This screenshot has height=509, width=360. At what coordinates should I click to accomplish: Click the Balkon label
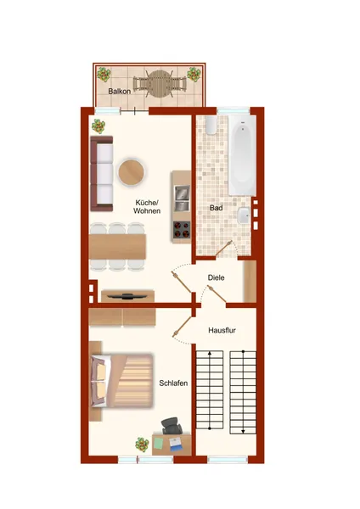[x=119, y=92]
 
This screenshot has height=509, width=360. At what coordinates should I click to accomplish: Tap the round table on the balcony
[x=160, y=84]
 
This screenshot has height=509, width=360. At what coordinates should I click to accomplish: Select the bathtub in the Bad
[x=242, y=155]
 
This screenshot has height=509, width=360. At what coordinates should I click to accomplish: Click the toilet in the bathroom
[x=211, y=126]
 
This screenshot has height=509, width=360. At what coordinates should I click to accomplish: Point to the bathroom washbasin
[x=244, y=215]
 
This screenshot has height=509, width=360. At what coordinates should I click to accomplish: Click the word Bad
[x=216, y=208]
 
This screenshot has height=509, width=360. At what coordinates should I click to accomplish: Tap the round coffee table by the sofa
[x=131, y=172]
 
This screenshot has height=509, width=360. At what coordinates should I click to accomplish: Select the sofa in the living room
[x=102, y=174]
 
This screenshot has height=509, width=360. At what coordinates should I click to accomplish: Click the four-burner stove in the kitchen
[x=182, y=230]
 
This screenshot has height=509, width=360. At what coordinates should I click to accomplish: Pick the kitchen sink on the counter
[x=182, y=198]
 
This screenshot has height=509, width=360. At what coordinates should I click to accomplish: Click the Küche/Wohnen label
[x=147, y=207]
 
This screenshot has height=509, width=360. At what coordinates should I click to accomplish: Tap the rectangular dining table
[x=117, y=247]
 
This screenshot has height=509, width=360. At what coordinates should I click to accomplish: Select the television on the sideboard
[x=127, y=296]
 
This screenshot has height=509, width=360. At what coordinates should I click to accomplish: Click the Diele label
[x=216, y=278]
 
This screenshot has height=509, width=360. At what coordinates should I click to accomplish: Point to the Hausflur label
[x=222, y=331]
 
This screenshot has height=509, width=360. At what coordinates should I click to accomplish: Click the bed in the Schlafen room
[x=122, y=380]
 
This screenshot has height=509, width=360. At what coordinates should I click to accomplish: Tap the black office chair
[x=172, y=426]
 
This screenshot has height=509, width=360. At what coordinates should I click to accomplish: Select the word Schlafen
[x=173, y=383]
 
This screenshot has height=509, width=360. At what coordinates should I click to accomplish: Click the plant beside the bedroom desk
[x=142, y=445]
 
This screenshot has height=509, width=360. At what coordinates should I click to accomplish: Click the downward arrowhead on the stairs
[x=243, y=431]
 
